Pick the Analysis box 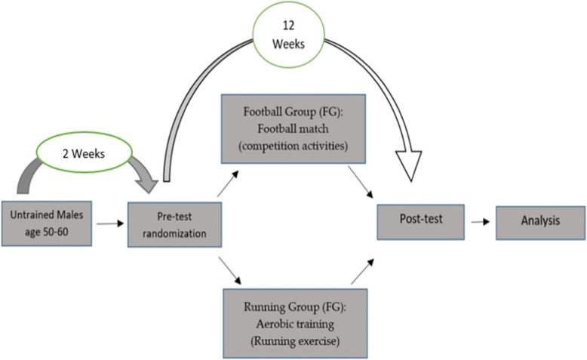[539, 221]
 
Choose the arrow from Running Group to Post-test [361, 269]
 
